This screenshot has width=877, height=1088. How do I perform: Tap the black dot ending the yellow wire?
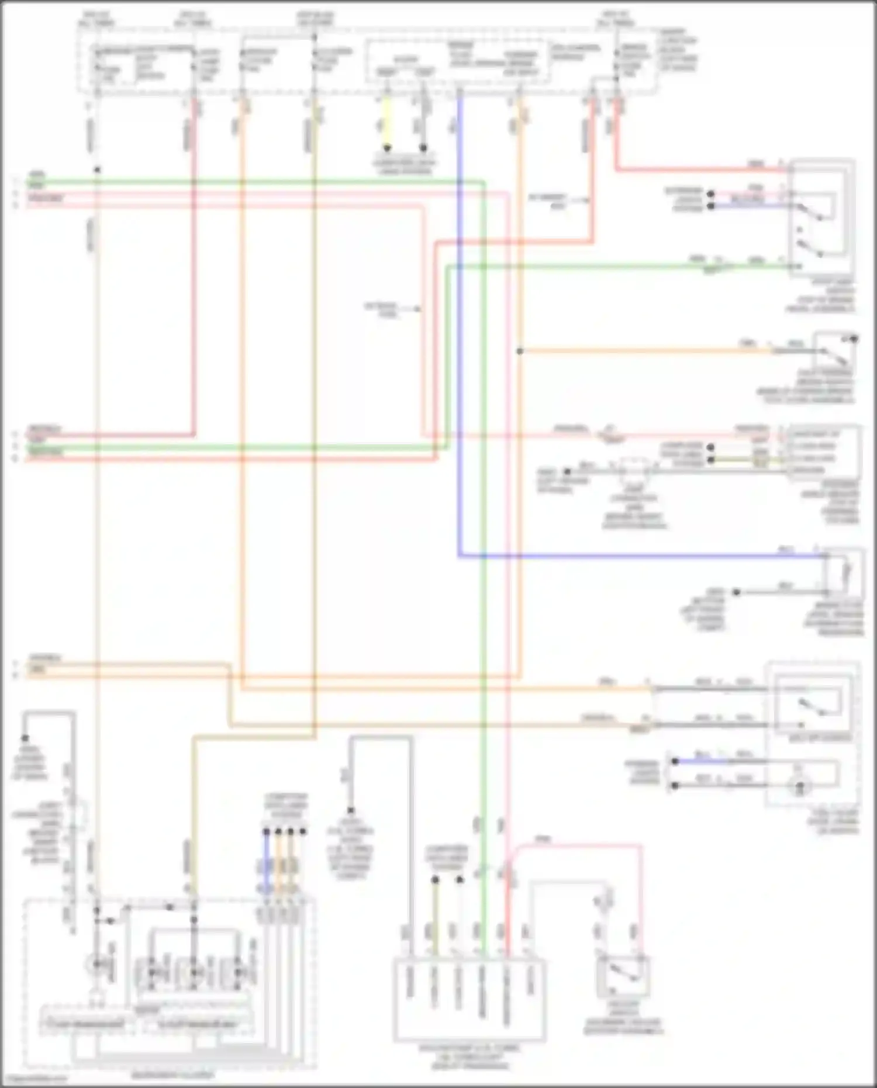(386, 148)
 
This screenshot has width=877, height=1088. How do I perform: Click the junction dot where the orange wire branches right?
(519, 351)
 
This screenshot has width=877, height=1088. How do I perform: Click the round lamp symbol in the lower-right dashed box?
(799, 787)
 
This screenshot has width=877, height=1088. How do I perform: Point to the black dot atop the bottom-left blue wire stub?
(266, 831)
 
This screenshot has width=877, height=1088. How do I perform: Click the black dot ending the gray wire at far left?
(25, 738)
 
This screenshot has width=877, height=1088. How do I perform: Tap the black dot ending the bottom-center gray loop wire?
(351, 811)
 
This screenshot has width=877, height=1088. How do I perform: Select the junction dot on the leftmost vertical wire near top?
(97, 170)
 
